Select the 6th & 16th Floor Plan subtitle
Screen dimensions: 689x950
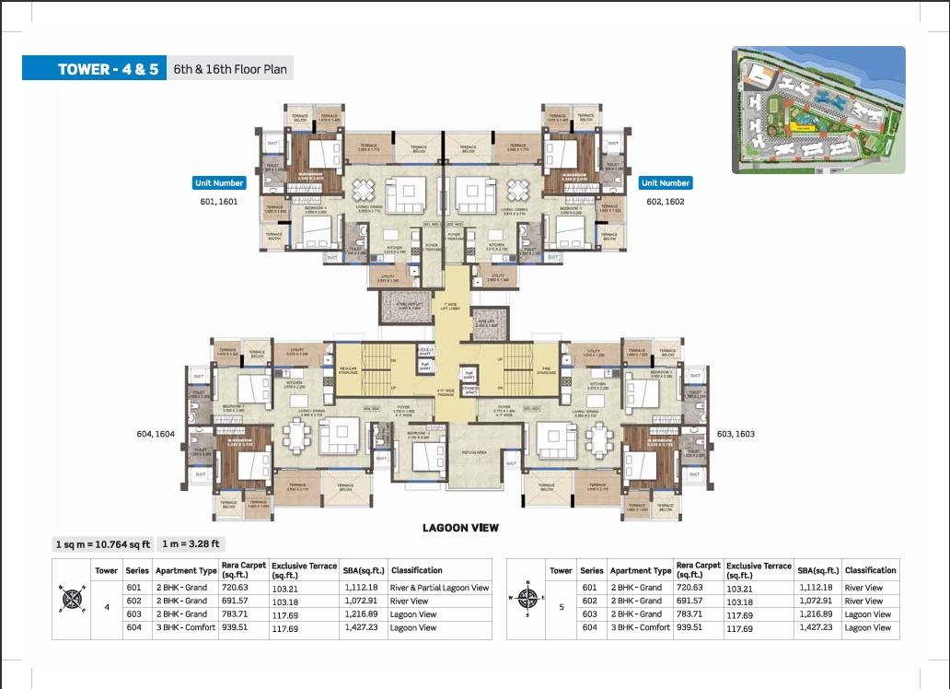tap(229, 69)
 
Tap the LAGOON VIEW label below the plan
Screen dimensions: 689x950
tap(460, 528)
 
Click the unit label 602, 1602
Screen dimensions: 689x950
tap(666, 201)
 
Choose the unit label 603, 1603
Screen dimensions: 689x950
tap(733, 433)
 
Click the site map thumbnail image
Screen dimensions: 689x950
tap(818, 111)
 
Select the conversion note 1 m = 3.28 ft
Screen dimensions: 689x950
tap(192, 543)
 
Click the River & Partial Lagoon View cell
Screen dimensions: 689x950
tap(440, 588)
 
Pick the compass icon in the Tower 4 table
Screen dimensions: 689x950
tap(71, 601)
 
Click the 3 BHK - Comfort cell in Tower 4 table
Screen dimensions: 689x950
tap(185, 627)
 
